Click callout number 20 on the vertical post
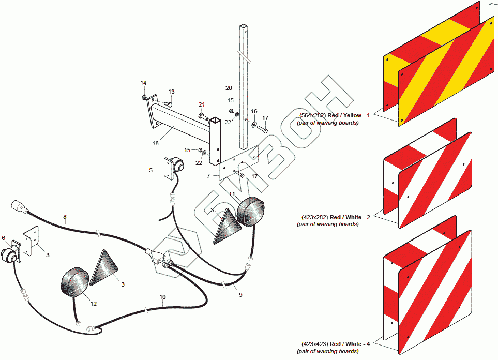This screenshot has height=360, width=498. pyautogui.click(x=229, y=87)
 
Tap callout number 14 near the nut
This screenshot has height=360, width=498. pyautogui.click(x=143, y=83)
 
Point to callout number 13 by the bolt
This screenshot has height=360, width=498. pyautogui.click(x=171, y=92)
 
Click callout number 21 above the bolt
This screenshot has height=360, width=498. pyautogui.click(x=202, y=104)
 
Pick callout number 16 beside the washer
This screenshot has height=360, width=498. pyautogui.click(x=254, y=111)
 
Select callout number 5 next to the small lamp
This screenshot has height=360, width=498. pyautogui.click(x=151, y=170)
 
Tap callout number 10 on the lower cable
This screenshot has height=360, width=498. pyautogui.click(x=163, y=297)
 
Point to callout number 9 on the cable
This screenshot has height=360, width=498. pyautogui.click(x=240, y=294)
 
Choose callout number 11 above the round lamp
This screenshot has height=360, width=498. pyautogui.click(x=233, y=194)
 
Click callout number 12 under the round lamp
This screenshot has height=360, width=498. pyautogui.click(x=94, y=304)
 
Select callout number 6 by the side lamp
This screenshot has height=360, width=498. pyautogui.click(x=4, y=238)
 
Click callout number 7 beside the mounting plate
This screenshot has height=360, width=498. pyautogui.click(x=208, y=176)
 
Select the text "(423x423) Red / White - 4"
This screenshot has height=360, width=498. pyautogui.click(x=335, y=343)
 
